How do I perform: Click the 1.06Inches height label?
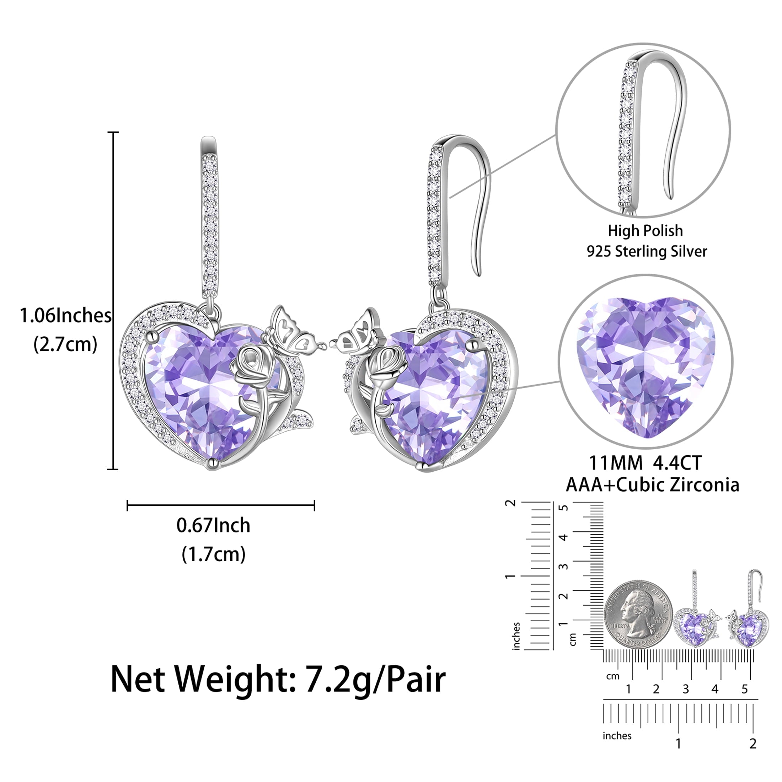[65, 316]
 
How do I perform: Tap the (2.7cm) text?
[65, 345]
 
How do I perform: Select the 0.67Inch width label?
[213, 525]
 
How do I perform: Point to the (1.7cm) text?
[213, 554]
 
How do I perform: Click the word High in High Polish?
[622, 231]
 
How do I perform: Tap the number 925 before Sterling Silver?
[599, 251]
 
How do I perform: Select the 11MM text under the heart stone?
[616, 464]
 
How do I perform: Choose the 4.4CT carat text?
[677, 464]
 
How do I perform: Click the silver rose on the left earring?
[251, 368]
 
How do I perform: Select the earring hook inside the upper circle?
[652, 129]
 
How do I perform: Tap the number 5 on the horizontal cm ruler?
[744, 689]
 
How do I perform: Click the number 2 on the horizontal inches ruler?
[753, 743]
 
